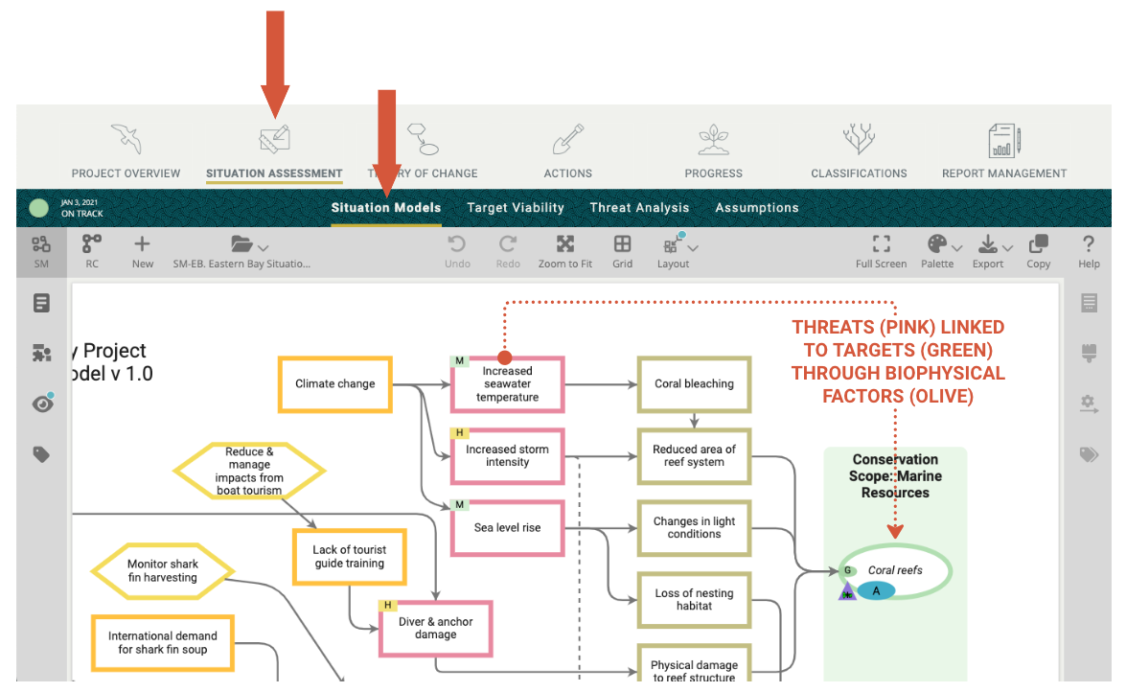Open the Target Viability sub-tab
pos(516,208)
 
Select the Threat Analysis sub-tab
pos(639,208)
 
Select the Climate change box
pos(335,384)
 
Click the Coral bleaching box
pos(694,384)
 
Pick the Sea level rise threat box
pos(508,528)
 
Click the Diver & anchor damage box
pos(436,629)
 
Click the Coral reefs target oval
pos(895,571)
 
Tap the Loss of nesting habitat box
pos(694,600)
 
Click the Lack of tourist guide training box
pos(349,557)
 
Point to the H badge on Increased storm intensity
pos(459,433)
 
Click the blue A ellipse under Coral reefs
pos(876,591)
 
